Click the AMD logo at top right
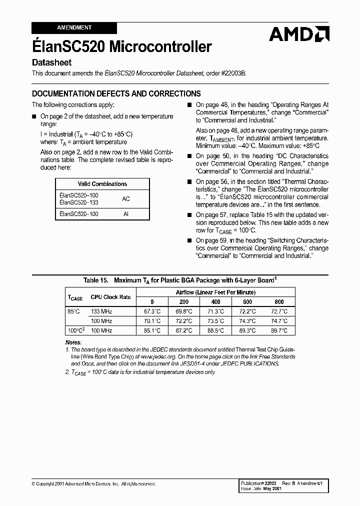[298, 34]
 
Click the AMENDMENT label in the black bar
[74, 27]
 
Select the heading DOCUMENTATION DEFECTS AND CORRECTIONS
[116, 93]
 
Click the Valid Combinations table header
[102, 184]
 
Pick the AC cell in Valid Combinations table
[126, 198]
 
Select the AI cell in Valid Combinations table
[126, 214]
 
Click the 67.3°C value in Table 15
[152, 311]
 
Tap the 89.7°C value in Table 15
[278, 330]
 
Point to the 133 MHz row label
[101, 311]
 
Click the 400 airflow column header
[215, 302]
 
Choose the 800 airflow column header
[278, 302]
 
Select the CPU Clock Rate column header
[110, 297]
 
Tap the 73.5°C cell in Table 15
[215, 321]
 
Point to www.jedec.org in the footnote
[149, 357]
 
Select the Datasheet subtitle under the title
[52, 63]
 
